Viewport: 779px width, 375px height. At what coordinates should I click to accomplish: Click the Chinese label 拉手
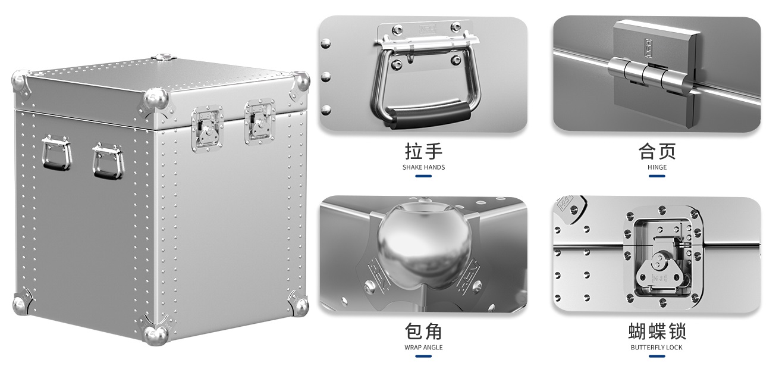tap(423, 151)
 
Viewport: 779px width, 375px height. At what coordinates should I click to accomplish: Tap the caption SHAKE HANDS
tap(423, 167)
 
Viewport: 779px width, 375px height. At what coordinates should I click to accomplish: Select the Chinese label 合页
tap(657, 151)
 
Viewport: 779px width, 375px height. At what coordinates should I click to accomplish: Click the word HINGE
tap(657, 167)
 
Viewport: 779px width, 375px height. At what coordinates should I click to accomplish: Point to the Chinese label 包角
tap(423, 331)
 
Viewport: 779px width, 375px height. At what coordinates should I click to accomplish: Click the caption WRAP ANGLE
tap(423, 348)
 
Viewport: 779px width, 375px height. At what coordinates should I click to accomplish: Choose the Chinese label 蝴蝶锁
tap(657, 331)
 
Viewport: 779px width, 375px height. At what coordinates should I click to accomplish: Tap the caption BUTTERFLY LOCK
tap(657, 348)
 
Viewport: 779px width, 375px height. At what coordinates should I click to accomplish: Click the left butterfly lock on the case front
tap(207, 127)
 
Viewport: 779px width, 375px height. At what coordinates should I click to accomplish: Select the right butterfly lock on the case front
tap(259, 121)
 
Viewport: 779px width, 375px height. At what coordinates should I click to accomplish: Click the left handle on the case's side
tap(56, 153)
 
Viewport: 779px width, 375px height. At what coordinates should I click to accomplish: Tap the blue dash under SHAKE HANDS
tap(423, 176)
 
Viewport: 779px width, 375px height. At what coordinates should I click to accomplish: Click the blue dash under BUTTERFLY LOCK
tap(657, 357)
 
